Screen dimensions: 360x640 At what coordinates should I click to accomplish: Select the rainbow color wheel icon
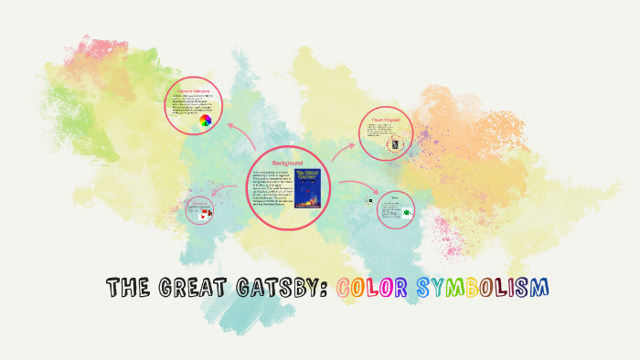click(x=205, y=121)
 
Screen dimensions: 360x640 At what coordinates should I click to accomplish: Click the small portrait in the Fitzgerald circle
click(x=394, y=144)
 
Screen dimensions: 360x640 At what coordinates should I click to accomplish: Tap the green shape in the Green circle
click(x=402, y=213)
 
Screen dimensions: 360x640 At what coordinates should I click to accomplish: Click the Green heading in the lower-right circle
click(x=395, y=196)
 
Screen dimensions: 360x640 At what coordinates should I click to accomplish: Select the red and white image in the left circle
click(x=207, y=212)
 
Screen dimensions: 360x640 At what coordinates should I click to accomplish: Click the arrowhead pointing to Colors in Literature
click(x=229, y=125)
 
